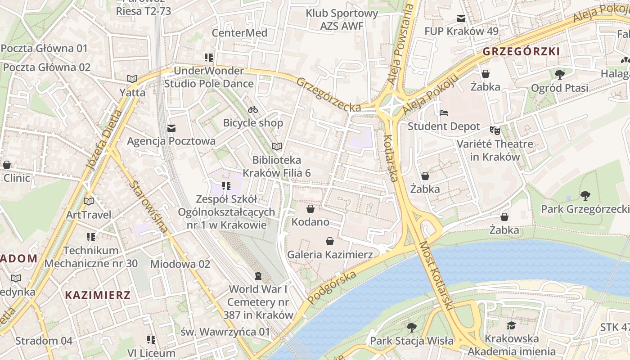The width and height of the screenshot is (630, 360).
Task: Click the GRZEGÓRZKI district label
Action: click(x=521, y=52)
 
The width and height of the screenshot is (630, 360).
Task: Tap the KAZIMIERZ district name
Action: click(x=98, y=295)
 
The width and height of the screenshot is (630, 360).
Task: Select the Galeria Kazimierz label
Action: click(x=330, y=255)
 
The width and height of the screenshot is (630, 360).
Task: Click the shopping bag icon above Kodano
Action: click(x=310, y=209)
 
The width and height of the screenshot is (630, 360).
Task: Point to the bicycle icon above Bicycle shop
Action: click(x=253, y=109)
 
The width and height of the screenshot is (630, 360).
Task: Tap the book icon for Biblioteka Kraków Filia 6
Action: click(x=277, y=146)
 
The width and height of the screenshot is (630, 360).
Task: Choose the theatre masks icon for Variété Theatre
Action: click(x=495, y=130)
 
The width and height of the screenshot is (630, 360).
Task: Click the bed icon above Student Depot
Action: click(x=444, y=113)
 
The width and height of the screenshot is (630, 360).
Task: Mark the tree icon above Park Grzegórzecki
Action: click(x=585, y=196)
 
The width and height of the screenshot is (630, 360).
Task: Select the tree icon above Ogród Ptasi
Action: click(x=560, y=74)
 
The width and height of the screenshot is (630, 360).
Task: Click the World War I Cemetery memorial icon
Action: click(x=258, y=275)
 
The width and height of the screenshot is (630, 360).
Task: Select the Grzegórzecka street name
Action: click(x=328, y=94)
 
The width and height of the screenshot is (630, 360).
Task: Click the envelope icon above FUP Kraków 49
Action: click(x=461, y=18)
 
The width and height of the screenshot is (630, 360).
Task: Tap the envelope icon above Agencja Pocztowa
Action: click(x=171, y=128)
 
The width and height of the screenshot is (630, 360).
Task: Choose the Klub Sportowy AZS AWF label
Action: click(x=342, y=19)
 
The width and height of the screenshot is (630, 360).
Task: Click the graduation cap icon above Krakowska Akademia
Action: click(x=511, y=325)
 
